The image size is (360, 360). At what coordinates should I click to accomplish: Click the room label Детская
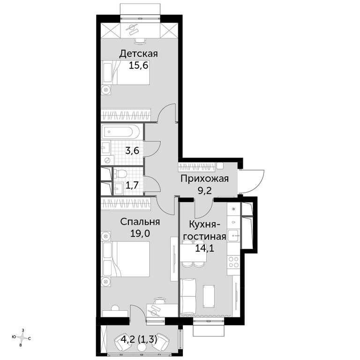(x=138, y=54)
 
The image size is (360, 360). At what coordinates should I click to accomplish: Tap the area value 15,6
(x=139, y=66)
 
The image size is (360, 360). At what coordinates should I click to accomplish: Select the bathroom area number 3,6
(x=132, y=151)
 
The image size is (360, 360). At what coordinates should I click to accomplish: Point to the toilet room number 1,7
(x=132, y=185)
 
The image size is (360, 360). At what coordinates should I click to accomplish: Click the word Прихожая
(x=204, y=179)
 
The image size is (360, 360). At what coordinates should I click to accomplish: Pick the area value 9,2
(x=204, y=190)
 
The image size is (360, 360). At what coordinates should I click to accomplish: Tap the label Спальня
(x=140, y=222)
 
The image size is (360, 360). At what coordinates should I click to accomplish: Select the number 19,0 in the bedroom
(x=140, y=233)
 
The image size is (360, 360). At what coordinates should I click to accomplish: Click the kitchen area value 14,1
(x=204, y=248)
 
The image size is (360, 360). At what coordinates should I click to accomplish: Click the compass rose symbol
(x=22, y=337)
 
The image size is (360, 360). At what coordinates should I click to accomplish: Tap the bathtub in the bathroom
(x=121, y=132)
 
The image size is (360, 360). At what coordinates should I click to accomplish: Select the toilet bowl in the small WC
(x=120, y=173)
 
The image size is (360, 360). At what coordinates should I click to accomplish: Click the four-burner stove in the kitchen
(x=233, y=262)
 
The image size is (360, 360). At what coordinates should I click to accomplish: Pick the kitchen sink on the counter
(x=234, y=235)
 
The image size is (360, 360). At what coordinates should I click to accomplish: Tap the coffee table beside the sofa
(x=209, y=296)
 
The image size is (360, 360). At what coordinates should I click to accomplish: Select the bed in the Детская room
(x=126, y=72)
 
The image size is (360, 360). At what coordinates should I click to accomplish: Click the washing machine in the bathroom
(x=107, y=160)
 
